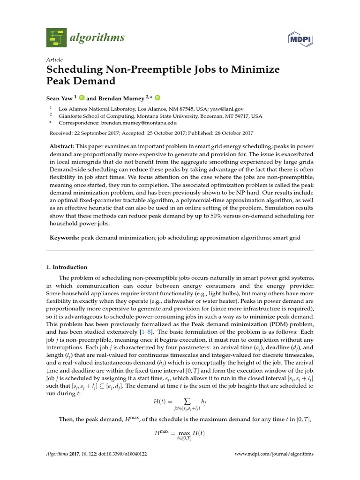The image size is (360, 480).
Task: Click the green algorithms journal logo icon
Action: [x=57, y=37]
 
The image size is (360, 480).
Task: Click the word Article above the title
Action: [x=54, y=60]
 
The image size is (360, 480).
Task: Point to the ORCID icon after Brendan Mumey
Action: [x=157, y=97]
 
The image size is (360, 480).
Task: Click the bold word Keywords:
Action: [x=65, y=238]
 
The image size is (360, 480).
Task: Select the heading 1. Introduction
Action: [x=67, y=267]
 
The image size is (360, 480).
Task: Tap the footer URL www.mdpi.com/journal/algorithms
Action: [x=274, y=454]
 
